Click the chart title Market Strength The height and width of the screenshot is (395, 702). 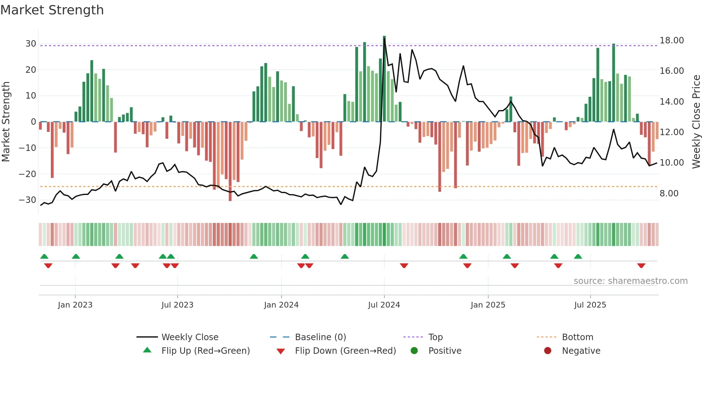tap(52, 10)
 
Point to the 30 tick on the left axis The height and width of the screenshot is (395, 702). tap(31, 44)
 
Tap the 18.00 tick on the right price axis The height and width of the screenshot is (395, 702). tap(672, 41)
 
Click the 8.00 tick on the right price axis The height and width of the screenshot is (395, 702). tap(669, 194)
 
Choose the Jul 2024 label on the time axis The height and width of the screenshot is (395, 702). tap(384, 305)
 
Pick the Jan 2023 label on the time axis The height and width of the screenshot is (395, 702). tap(75, 305)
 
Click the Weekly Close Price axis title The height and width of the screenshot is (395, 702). tap(696, 122)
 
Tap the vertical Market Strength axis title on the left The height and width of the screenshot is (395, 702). tap(6, 122)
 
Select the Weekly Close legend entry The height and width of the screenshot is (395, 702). tap(189, 337)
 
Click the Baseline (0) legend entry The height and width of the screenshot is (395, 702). tap(320, 337)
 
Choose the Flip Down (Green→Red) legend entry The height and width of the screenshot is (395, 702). tap(345, 351)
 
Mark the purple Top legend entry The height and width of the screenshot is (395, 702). tap(435, 337)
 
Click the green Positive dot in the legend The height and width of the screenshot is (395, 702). tap(414, 351)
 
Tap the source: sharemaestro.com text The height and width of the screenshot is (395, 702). tap(630, 281)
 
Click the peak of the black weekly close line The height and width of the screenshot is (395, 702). tap(384, 39)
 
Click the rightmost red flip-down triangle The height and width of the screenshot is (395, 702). tap(641, 266)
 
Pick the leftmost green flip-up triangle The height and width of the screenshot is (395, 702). tap(44, 256)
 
